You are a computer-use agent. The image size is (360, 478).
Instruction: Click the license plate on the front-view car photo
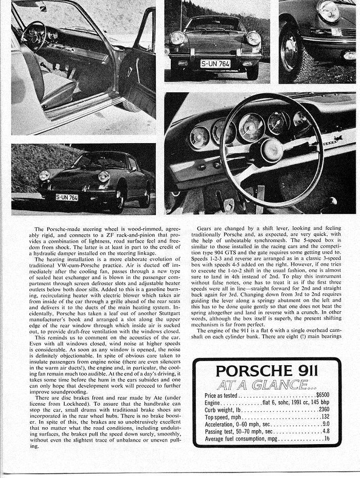(215, 65)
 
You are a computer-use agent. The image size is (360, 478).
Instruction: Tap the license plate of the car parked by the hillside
(67, 197)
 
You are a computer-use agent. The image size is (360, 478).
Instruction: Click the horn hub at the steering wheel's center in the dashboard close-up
(271, 150)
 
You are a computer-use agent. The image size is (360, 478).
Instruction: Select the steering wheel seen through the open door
(33, 37)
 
